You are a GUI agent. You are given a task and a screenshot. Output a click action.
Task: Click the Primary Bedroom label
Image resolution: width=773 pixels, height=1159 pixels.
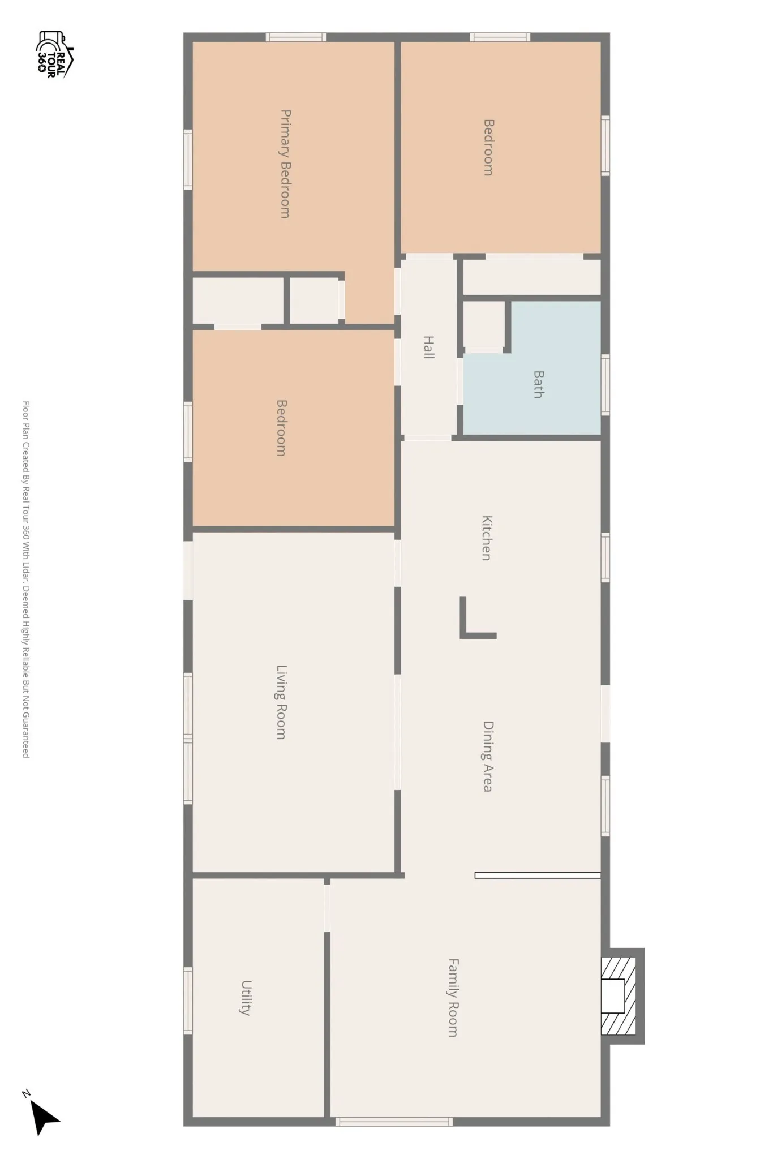(x=286, y=164)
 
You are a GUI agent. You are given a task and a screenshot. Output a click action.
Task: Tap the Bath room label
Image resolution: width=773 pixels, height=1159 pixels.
(x=539, y=384)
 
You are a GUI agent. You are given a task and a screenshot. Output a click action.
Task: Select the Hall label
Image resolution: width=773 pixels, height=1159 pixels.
(x=429, y=347)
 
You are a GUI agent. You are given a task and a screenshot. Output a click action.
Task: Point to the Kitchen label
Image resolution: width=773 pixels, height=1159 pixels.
(x=486, y=538)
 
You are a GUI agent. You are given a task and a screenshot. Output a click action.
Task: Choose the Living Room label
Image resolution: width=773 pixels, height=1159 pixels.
(x=281, y=702)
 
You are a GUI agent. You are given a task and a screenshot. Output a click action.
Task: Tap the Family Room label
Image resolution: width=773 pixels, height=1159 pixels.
(x=453, y=997)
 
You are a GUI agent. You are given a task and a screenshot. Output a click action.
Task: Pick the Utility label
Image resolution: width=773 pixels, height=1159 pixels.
(x=246, y=998)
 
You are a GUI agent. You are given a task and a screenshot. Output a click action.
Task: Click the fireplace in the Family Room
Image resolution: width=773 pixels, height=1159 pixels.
(x=621, y=996)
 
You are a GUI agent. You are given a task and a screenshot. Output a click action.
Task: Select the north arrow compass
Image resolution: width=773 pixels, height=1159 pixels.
(x=42, y=1115)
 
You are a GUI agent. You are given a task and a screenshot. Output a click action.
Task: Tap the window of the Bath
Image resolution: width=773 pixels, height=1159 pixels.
(x=605, y=385)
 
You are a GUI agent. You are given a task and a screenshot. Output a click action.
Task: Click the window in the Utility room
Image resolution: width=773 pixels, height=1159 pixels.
(x=188, y=1001)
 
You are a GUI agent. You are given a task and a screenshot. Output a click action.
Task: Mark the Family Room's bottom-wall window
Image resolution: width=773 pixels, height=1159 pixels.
(x=394, y=1122)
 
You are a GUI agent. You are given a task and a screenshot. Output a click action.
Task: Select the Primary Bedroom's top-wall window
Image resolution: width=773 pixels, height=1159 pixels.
(x=296, y=37)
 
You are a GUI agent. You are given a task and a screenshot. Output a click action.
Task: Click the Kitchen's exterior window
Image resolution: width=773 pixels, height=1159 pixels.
(x=605, y=557)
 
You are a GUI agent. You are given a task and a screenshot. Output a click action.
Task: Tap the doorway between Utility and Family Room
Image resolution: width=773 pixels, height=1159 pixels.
(x=327, y=908)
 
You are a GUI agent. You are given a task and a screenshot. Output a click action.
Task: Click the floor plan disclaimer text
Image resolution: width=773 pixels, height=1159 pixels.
(x=25, y=579)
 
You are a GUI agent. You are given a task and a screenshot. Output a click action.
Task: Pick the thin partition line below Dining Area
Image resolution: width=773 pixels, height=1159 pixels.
(x=538, y=875)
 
